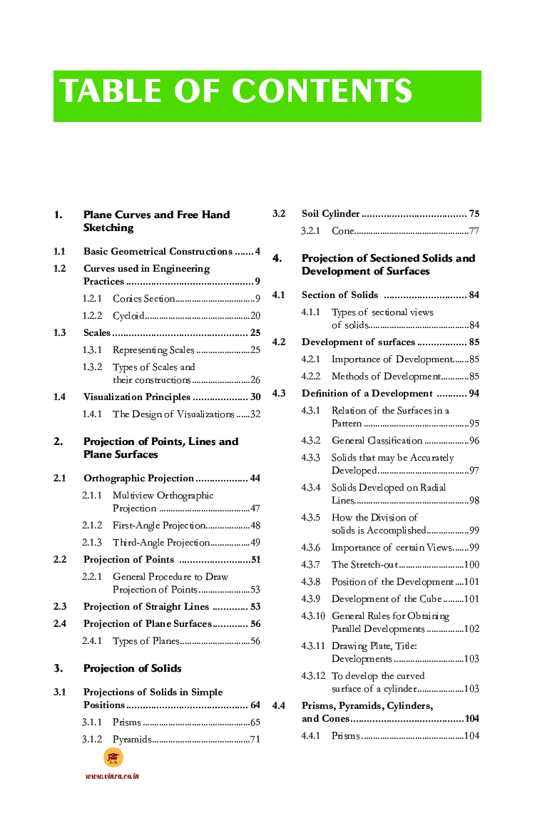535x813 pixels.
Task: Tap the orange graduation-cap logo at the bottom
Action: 113,757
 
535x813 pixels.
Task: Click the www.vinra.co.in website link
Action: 112,776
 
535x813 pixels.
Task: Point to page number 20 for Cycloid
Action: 255,315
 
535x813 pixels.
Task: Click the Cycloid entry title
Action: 129,315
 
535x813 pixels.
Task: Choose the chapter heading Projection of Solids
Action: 132,668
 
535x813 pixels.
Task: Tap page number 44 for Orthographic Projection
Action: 255,478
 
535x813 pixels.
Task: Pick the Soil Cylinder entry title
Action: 330,214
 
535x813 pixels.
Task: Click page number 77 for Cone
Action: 474,231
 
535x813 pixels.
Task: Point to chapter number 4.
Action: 277,258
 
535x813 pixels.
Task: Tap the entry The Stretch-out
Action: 365,565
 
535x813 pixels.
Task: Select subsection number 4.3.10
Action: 313,616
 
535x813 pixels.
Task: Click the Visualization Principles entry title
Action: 137,397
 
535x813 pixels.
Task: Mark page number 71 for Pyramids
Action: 255,740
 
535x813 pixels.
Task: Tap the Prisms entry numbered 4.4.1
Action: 346,735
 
